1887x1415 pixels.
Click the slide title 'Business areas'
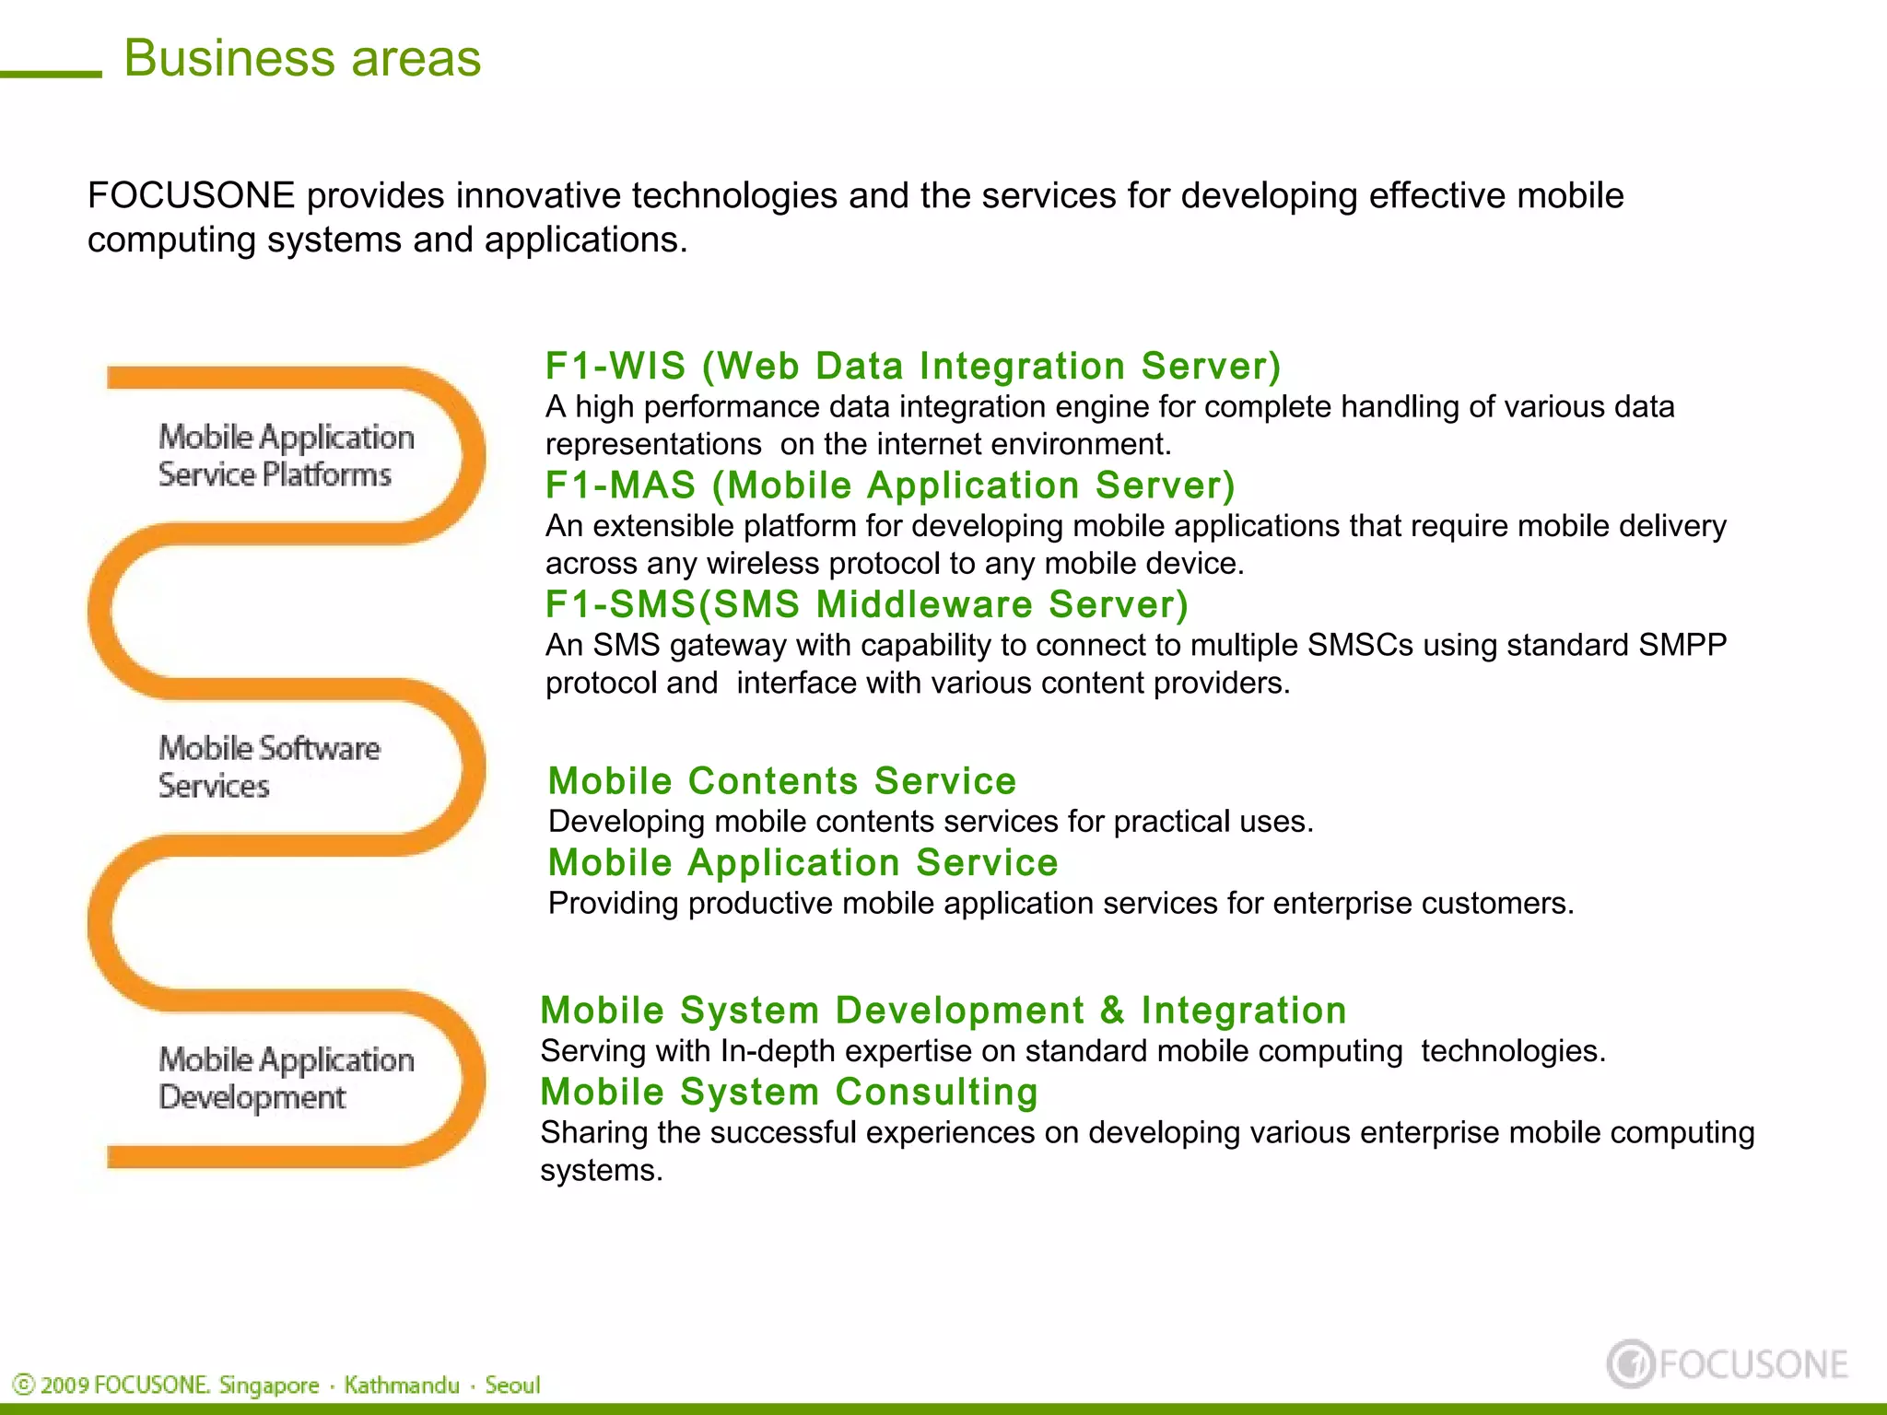coord(302,58)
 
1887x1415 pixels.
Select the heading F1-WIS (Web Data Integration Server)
coord(912,366)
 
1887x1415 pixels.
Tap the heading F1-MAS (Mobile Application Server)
coord(889,485)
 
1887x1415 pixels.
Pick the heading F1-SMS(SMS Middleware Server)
coord(866,604)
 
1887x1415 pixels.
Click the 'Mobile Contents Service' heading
coord(781,780)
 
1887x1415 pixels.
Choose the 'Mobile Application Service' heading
coord(803,862)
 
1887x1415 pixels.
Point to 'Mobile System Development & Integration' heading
coord(943,1010)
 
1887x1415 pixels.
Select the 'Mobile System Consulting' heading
coord(789,1092)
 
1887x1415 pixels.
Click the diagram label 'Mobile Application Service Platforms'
coord(286,455)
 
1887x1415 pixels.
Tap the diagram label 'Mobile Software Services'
coord(268,766)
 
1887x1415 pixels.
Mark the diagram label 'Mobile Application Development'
coord(286,1078)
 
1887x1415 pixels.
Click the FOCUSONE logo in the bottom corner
coord(1727,1364)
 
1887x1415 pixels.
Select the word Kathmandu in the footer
coord(402,1386)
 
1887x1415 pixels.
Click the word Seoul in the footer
coord(512,1386)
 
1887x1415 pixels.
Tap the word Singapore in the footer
coord(269,1386)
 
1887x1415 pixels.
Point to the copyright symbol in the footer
coord(24,1386)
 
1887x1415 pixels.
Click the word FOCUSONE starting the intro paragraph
coord(191,196)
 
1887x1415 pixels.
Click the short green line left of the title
coord(51,74)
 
